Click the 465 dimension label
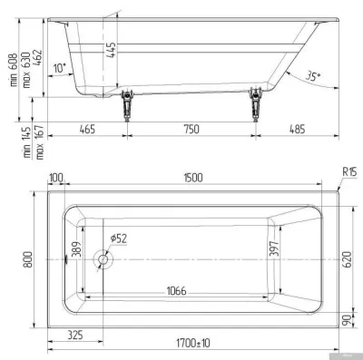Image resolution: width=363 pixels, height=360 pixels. click(x=87, y=129)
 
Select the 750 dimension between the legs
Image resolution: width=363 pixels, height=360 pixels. click(x=191, y=129)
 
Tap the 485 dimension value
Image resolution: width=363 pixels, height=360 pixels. click(x=297, y=129)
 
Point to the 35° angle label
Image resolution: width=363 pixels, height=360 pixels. click(x=313, y=75)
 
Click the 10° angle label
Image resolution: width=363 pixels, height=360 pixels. click(x=60, y=68)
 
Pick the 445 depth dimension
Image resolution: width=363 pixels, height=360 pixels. click(x=111, y=50)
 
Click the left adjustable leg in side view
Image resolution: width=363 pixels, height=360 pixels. click(x=127, y=105)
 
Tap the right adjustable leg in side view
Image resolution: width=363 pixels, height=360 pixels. click(x=256, y=104)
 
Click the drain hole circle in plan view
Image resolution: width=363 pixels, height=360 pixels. click(x=103, y=259)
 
